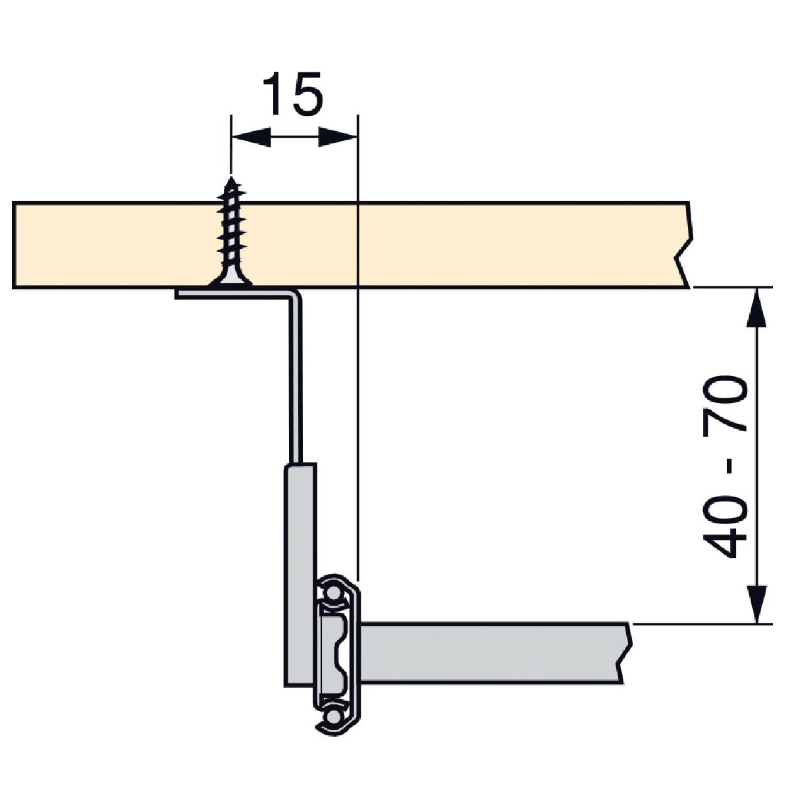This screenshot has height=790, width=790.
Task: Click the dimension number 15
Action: pos(293,94)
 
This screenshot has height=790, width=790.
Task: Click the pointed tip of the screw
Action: pos(231,177)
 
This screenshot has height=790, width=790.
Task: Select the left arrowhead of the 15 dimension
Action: pos(251,137)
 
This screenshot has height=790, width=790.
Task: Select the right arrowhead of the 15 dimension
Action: pos(338,137)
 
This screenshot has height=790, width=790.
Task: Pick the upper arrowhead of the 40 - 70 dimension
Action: pos(756,307)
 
